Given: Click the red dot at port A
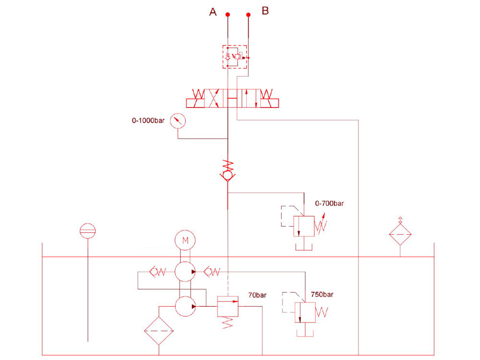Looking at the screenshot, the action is pyautogui.click(x=228, y=15).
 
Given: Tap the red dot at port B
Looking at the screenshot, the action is pyautogui.click(x=248, y=15).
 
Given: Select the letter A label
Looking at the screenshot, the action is pyautogui.click(x=213, y=12).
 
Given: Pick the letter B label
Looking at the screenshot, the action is pyautogui.click(x=265, y=11).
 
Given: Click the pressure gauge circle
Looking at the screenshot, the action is pyautogui.click(x=178, y=121).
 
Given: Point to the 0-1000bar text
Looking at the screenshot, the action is pyautogui.click(x=148, y=120).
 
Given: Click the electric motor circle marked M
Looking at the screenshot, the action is pyautogui.click(x=185, y=240).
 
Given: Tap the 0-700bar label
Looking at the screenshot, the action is pyautogui.click(x=329, y=203).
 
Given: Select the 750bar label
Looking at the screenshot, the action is pyautogui.click(x=322, y=295).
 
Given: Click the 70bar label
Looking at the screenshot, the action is pyautogui.click(x=257, y=295).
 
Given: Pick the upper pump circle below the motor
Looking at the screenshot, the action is pyautogui.click(x=185, y=272).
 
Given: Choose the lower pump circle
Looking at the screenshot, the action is pyautogui.click(x=185, y=306).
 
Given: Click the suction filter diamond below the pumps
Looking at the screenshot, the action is pyautogui.click(x=159, y=331).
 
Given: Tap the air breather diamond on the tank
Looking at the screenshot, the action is pyautogui.click(x=400, y=234).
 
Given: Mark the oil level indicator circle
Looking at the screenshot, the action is pyautogui.click(x=87, y=231).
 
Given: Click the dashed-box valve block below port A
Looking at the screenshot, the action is pyautogui.click(x=235, y=57).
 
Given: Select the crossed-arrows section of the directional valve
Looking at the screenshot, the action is pyautogui.click(x=214, y=98).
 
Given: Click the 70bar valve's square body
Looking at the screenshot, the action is pyautogui.click(x=228, y=306).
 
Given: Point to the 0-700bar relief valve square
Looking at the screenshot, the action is pyautogui.click(x=304, y=226).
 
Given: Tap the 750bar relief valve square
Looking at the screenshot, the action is pyautogui.click(x=305, y=312).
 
